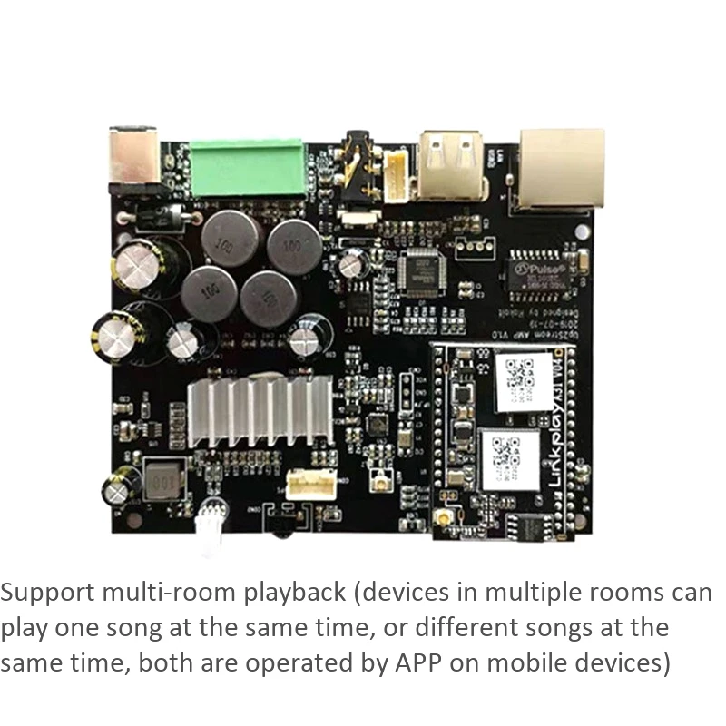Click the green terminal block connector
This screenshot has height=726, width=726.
coord(246,169)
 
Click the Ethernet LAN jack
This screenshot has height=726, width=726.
coord(560,167)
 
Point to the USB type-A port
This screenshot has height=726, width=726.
coord(452,165)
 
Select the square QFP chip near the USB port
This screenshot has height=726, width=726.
coord(420,271)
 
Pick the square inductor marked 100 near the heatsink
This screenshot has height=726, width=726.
coord(164,478)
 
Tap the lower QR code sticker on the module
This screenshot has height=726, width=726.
coord(514,457)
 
